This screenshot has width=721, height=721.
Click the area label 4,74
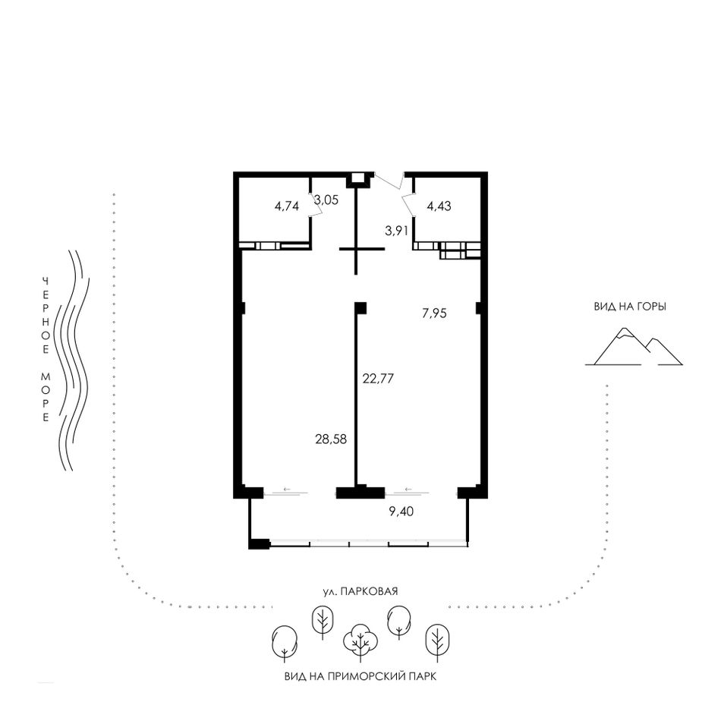286,206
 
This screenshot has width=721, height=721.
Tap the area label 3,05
327,200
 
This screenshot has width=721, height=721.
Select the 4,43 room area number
439,206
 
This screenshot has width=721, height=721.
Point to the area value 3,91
396,231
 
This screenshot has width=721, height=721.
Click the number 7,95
435,313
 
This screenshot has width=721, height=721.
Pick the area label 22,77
378,379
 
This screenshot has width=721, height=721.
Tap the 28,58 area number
331,439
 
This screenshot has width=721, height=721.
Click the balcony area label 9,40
401,511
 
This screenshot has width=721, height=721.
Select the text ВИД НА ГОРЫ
630,307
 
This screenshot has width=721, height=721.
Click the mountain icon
634,346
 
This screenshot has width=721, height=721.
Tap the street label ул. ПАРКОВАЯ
360,591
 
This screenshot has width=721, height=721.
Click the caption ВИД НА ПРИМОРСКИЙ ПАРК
360,676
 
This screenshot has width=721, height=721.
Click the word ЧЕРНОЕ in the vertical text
46,316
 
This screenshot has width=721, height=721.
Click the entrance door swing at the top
390,181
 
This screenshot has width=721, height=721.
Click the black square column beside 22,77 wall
360,307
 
